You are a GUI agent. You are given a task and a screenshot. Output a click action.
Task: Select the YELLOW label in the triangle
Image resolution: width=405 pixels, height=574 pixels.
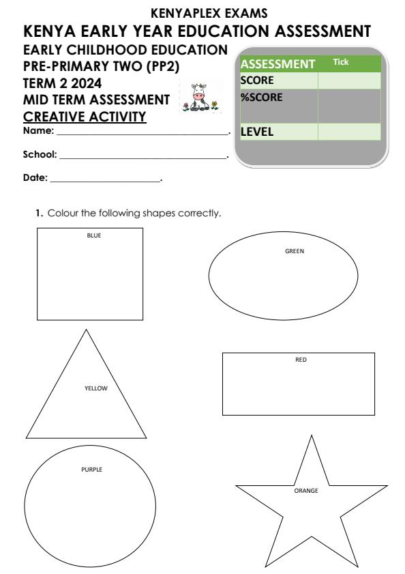(96, 388)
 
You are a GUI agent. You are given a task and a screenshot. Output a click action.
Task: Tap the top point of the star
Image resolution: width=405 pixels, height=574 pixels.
(311, 435)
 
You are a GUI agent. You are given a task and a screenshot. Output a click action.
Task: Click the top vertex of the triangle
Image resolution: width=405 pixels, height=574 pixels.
(86, 330)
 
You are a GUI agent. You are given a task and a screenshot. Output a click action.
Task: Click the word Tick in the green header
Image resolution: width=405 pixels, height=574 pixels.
(340, 62)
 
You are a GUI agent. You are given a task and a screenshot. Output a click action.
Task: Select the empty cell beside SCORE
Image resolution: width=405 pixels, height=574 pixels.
(348, 81)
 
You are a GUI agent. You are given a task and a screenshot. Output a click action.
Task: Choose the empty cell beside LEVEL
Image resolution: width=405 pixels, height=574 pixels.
(348, 132)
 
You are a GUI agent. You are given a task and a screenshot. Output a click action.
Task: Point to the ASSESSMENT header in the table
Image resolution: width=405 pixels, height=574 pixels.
(276, 64)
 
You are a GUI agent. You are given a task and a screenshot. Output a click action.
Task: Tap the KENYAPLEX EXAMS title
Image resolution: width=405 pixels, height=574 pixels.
(202, 13)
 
